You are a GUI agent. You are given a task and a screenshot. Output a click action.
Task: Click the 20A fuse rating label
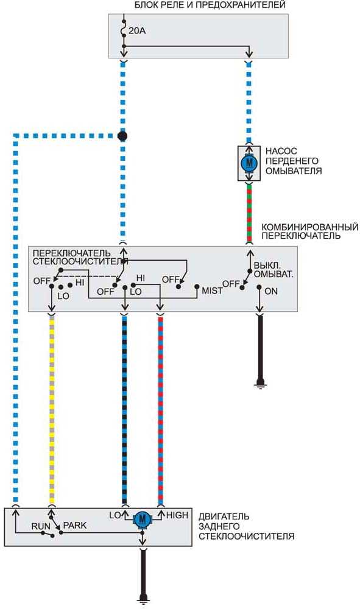click(x=137, y=30)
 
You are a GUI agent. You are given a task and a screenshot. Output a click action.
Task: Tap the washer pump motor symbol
click(x=249, y=163)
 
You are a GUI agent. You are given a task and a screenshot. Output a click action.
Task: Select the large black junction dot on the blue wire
click(x=122, y=136)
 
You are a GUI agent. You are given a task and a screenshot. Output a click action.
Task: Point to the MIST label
click(x=212, y=290)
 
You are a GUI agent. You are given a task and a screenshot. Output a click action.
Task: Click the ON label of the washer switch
click(x=271, y=291)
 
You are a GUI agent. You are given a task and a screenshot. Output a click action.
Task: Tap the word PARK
click(x=74, y=525)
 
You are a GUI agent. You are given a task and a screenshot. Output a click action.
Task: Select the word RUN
click(x=41, y=526)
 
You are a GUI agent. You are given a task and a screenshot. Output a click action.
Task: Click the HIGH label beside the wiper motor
click(x=177, y=515)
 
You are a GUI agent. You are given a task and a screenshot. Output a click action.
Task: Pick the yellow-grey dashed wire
click(x=52, y=410)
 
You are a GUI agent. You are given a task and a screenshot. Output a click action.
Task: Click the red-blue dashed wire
click(x=160, y=410)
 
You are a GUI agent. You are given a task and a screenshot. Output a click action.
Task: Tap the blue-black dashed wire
click(x=125, y=410)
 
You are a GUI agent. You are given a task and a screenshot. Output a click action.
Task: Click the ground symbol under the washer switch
click(x=260, y=384)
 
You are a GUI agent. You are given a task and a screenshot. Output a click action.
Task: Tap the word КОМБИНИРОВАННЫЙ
click(x=309, y=227)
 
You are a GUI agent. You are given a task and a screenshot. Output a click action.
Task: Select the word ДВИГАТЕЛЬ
click(x=224, y=516)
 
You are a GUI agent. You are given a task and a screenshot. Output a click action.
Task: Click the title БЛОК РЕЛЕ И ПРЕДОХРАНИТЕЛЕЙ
click(x=210, y=5)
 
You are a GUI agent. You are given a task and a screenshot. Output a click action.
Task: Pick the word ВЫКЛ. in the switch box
click(x=267, y=266)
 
